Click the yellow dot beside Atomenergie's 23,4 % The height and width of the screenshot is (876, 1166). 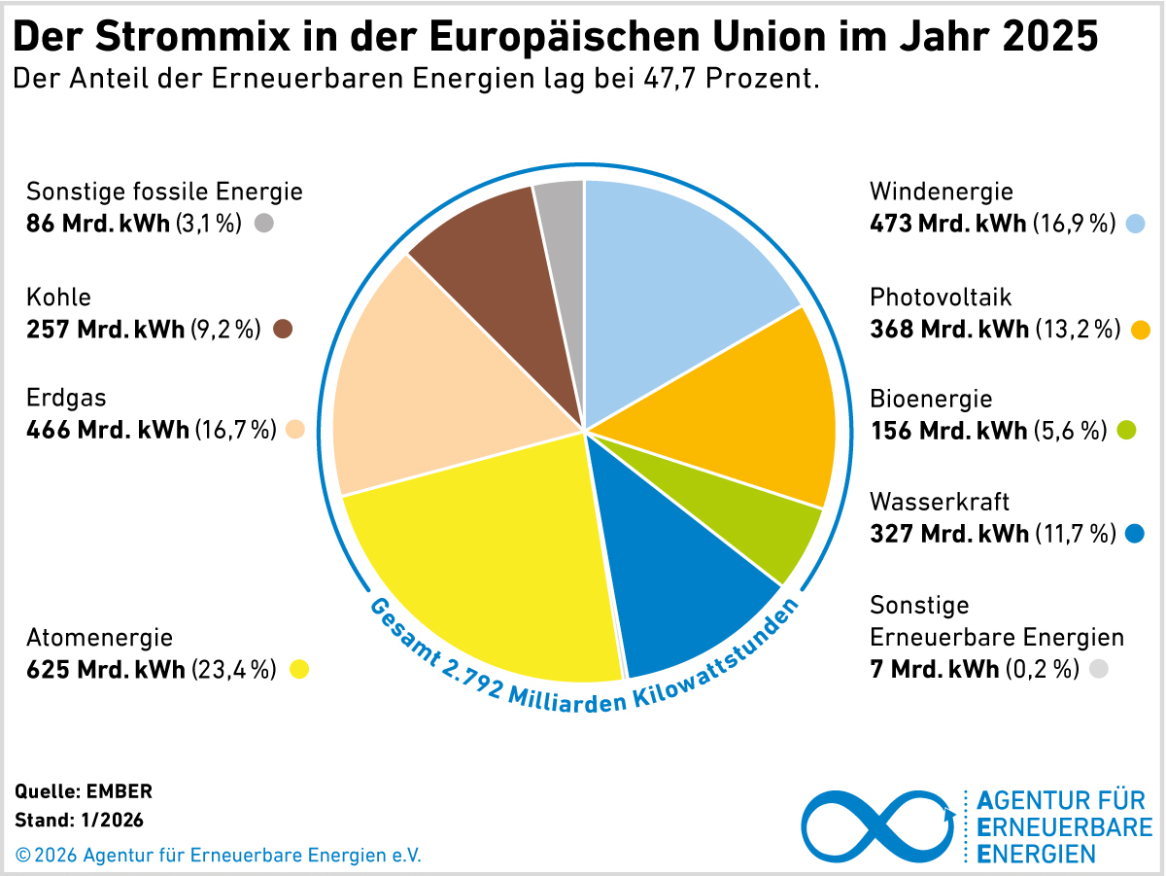[x=299, y=669]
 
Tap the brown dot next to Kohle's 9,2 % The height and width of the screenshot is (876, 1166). [x=283, y=329]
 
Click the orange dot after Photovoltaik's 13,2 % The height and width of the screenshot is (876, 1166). [x=1141, y=330]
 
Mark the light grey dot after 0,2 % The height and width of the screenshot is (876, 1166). [x=1099, y=669]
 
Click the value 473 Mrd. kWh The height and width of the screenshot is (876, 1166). [x=948, y=225]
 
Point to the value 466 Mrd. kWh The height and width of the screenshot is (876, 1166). [x=107, y=430]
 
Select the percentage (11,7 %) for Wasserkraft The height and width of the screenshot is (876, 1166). [x=1074, y=534]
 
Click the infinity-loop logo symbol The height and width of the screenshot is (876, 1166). [x=878, y=825]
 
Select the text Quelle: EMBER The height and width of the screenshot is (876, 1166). [x=85, y=791]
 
